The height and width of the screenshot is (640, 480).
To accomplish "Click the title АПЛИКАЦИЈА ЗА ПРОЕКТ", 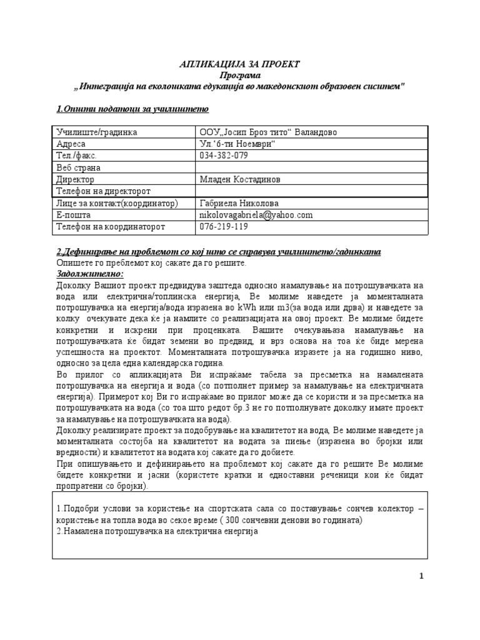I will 239,64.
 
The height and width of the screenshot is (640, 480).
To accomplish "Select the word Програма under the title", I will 239,75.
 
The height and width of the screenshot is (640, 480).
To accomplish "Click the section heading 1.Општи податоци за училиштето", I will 132,109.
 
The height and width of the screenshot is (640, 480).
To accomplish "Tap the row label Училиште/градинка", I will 96,132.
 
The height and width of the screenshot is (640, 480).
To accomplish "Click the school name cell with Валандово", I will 263,132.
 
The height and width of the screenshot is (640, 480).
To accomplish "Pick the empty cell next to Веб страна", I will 311,167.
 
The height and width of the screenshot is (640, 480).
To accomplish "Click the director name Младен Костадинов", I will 240,179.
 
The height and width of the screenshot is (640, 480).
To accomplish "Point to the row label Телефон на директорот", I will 104,191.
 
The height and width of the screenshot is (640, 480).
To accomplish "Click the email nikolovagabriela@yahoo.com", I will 256,215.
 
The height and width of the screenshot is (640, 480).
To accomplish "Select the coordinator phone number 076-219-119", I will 223,227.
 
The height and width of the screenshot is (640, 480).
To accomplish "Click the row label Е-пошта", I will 74,215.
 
